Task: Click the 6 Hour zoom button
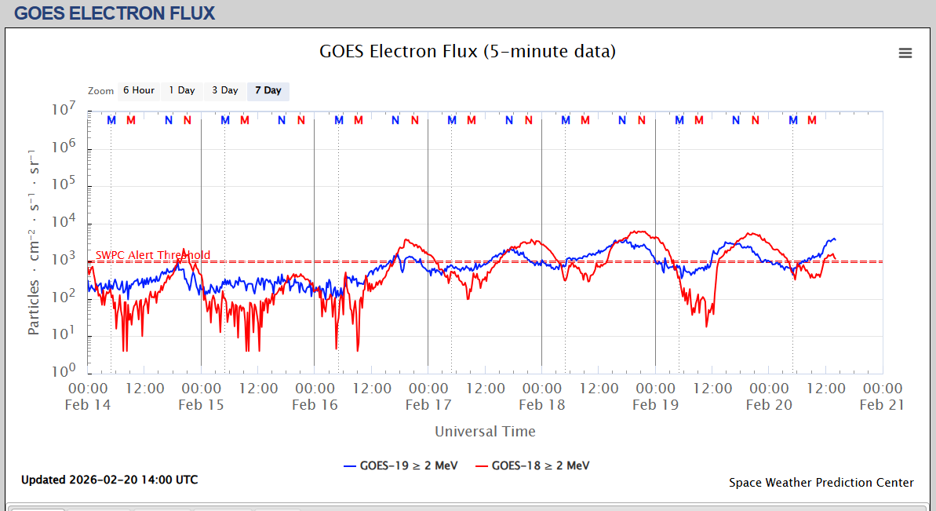[x=139, y=91]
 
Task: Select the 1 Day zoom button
[x=182, y=91]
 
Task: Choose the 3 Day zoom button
[x=225, y=91]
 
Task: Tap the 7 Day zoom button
[x=268, y=91]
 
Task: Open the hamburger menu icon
[x=905, y=53]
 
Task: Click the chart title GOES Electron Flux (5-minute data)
[x=468, y=52]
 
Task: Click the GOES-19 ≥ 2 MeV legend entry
[x=399, y=465]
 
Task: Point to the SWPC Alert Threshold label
[x=153, y=255]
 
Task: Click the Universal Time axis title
[x=485, y=431]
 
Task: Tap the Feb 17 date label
[x=428, y=405]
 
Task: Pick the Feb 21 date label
[x=883, y=405]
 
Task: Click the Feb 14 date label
[x=88, y=405]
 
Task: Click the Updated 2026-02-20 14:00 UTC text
[x=109, y=480]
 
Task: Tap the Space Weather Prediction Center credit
[x=821, y=483]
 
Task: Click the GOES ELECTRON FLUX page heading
[x=115, y=13]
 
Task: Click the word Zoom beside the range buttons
[x=101, y=91]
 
